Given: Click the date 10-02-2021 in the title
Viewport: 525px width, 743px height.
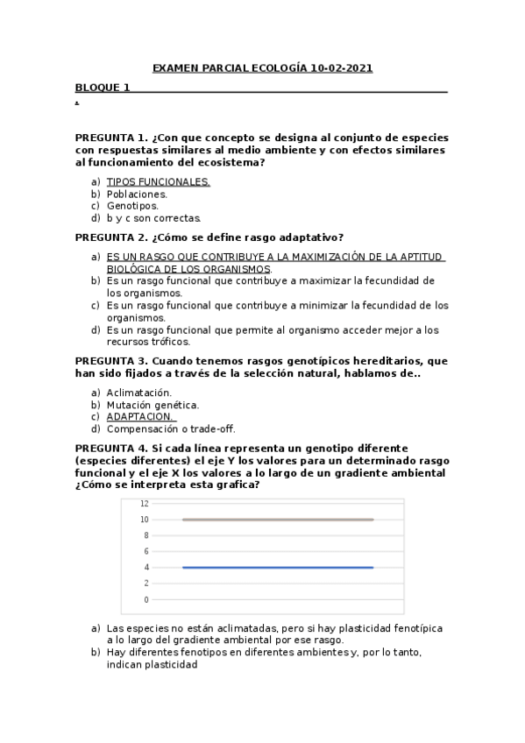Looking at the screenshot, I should [x=341, y=68].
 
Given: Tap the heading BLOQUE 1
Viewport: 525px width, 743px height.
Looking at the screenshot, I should [x=102, y=87].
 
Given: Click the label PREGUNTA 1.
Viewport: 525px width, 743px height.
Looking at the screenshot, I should [x=111, y=138].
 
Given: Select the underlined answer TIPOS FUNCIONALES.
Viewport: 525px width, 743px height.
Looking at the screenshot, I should [x=158, y=181].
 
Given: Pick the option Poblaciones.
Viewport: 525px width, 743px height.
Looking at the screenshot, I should [x=137, y=194].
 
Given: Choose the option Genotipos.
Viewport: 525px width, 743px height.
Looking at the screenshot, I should [x=132, y=206].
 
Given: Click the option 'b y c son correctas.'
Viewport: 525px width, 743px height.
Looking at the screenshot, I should [x=154, y=218].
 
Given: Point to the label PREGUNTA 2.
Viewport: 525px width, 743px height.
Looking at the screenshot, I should [x=111, y=237].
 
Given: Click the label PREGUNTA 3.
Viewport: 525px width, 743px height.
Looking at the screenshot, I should [x=111, y=361].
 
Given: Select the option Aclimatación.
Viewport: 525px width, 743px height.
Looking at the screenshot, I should [x=139, y=393].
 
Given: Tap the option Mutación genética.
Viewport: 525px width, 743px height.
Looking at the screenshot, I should [x=153, y=405].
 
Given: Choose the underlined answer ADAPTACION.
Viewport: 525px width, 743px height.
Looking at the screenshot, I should [x=140, y=417].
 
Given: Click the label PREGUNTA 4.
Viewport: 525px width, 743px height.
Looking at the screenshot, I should [x=111, y=448].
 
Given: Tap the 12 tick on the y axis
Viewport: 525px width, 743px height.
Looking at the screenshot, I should [x=145, y=504].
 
